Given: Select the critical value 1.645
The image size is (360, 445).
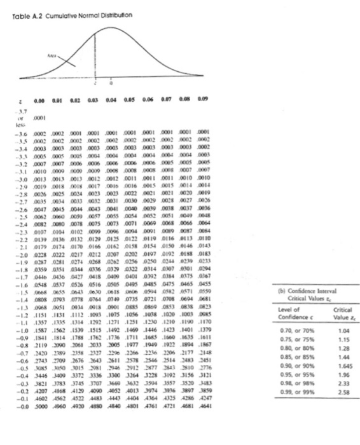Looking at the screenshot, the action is pos(341,385).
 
